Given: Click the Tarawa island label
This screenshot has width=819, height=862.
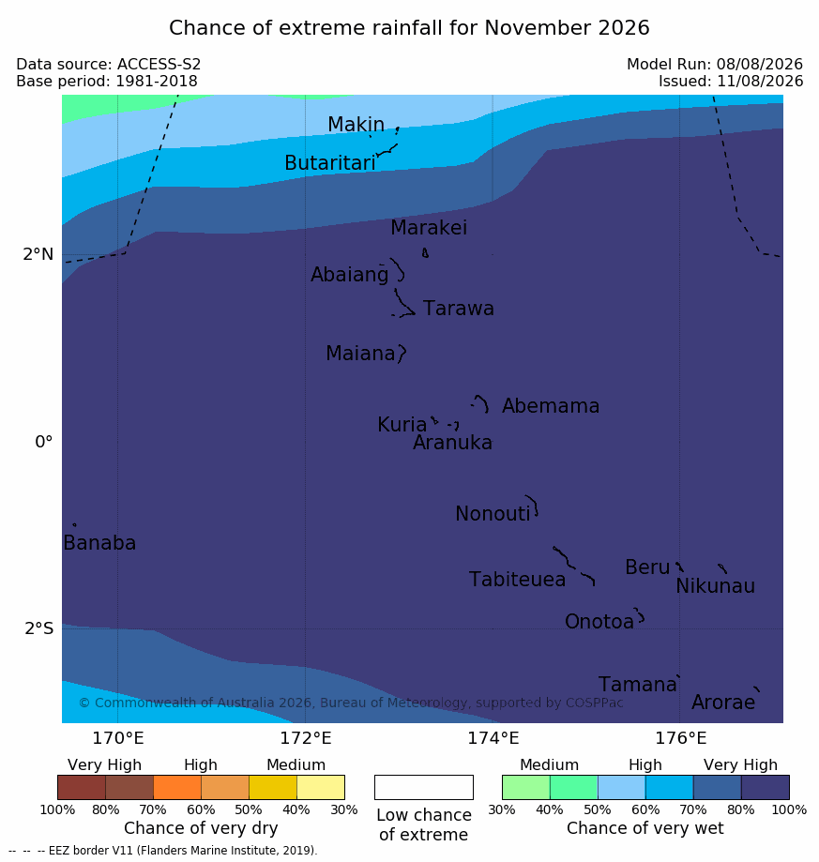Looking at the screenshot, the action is (458, 309).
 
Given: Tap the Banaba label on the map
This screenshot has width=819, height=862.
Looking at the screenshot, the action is (99, 542).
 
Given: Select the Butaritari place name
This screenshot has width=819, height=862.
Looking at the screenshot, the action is (330, 162).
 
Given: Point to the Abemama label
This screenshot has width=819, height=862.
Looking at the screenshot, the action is (550, 406).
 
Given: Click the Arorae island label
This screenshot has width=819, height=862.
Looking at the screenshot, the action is (722, 703).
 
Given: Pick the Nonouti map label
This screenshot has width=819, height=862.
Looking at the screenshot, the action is (493, 513).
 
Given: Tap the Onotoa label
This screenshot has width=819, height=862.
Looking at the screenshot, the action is (599, 622).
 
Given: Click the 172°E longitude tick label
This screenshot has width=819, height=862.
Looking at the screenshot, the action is (306, 738).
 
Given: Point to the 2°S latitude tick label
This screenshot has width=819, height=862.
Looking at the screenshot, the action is (39, 628).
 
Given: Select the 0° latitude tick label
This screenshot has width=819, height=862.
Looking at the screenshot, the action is (43, 442).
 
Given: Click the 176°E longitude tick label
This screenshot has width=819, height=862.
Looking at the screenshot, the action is (680, 738).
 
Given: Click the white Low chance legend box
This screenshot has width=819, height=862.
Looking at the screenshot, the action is (424, 787).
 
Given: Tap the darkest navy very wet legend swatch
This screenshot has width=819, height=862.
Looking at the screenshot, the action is (766, 787).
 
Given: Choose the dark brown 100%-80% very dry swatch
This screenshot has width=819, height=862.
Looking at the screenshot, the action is (82, 787).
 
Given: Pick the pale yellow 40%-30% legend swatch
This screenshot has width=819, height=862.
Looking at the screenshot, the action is (321, 787).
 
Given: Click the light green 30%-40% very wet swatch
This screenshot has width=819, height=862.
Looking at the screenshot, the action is (526, 787).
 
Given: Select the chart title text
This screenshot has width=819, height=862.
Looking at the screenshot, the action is (409, 27).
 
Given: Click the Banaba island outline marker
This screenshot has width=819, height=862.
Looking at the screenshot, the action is (74, 525).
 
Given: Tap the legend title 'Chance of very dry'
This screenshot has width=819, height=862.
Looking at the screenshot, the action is (201, 828).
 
